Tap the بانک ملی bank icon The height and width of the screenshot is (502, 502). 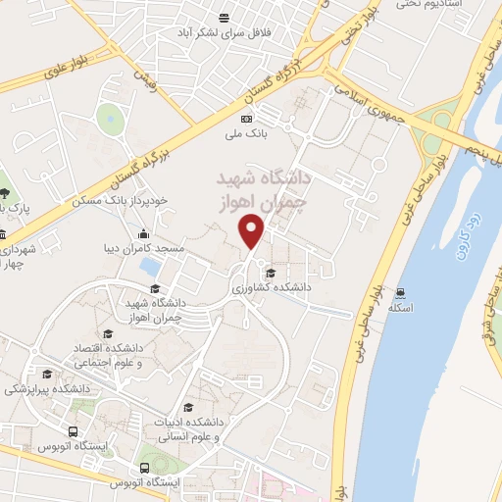click(x=245, y=118)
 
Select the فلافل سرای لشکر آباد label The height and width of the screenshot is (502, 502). click(x=264, y=32)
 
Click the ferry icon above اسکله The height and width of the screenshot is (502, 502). click(x=399, y=291)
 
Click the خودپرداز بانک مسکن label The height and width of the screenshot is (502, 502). click(x=120, y=201)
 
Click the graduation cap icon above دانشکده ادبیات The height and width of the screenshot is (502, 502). click(x=188, y=408)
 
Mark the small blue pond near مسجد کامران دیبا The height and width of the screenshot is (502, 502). click(x=150, y=266)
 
